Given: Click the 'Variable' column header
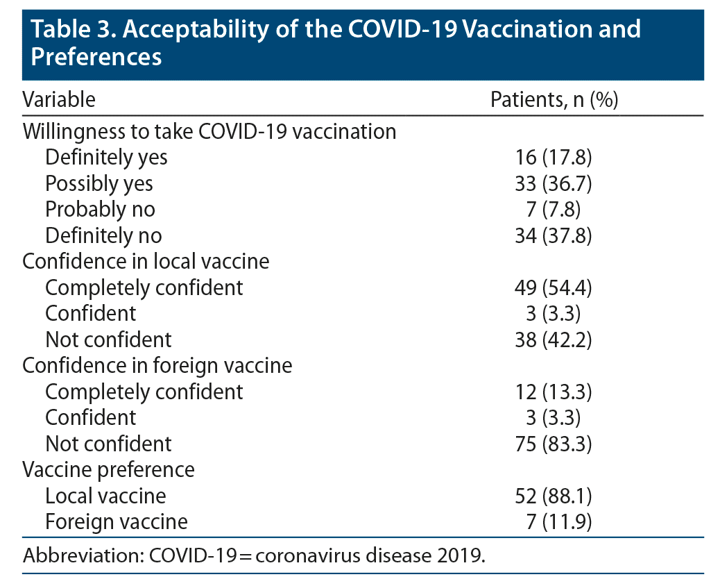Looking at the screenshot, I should tap(59, 99).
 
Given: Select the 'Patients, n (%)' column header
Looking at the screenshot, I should tap(554, 99).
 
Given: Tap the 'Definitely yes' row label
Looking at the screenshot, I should tap(106, 158).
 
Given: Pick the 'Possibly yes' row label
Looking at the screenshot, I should tap(99, 183).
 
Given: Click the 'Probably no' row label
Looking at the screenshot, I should tap(100, 209).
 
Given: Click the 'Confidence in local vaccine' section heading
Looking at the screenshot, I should tap(146, 261).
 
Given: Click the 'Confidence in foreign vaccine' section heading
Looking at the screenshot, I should tap(157, 365).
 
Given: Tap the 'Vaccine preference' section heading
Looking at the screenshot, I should tap(109, 469).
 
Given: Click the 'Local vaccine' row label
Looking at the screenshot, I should tap(105, 496).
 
